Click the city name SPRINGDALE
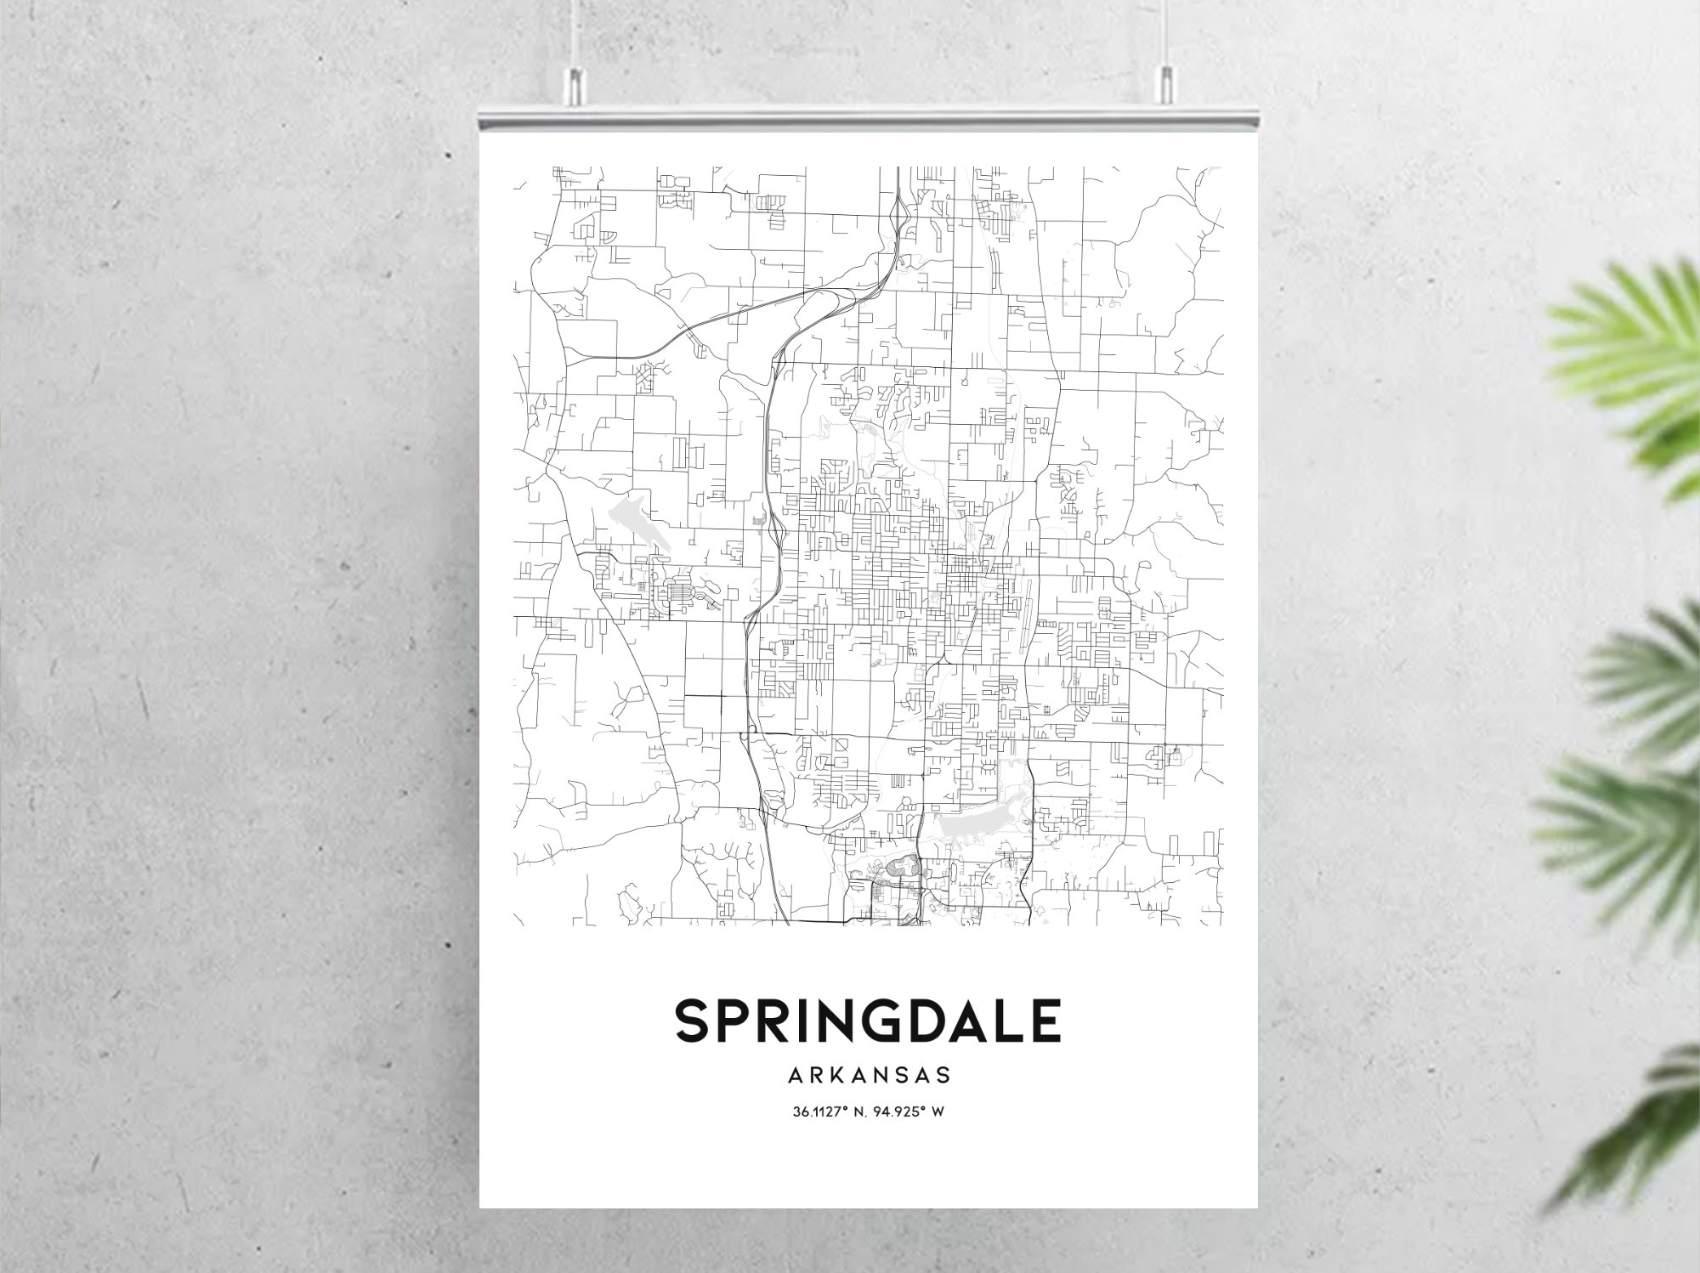[x=868, y=1020]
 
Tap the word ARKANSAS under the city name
[x=868, y=1076]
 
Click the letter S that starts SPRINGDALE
[x=694, y=1020]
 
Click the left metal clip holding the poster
[x=577, y=82]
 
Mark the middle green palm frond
[x=1640, y=671]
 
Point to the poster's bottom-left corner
[x=481, y=1206]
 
